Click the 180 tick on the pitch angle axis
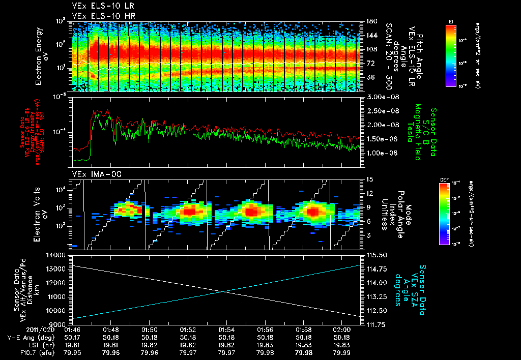370,22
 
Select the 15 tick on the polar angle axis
368,179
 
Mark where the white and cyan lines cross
224,291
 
